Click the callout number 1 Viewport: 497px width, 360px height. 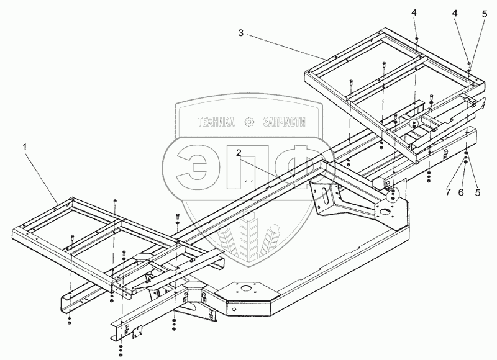(x=25, y=148)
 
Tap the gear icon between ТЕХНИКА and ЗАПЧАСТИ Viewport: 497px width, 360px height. (x=250, y=123)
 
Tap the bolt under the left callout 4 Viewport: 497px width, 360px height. (x=416, y=38)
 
